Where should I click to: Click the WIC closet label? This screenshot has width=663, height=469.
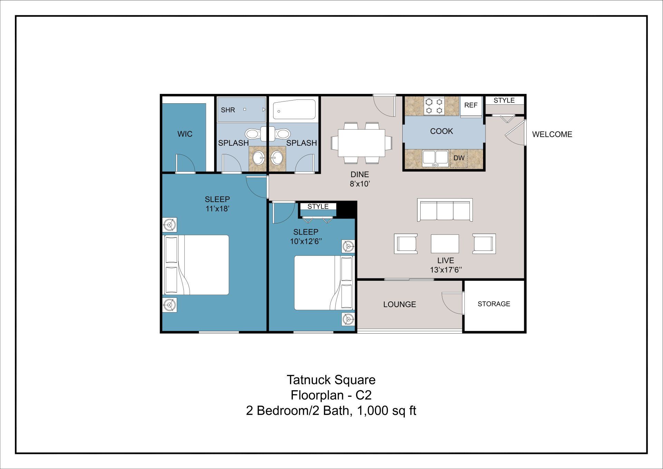pyautogui.click(x=185, y=134)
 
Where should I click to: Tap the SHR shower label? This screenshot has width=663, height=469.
pyautogui.click(x=228, y=110)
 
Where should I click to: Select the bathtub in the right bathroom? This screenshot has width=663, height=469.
pyautogui.click(x=294, y=109)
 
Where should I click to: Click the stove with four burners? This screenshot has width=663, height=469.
pyautogui.click(x=434, y=106)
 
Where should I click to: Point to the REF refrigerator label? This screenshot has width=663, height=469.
pyautogui.click(x=471, y=105)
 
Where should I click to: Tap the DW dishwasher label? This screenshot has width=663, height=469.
pyautogui.click(x=459, y=158)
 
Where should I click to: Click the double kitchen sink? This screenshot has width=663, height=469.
pyautogui.click(x=435, y=158)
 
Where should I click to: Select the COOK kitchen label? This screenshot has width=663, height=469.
pyautogui.click(x=441, y=131)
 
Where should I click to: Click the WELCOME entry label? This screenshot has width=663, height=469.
pyautogui.click(x=552, y=134)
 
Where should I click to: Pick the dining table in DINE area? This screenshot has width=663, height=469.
pyautogui.click(x=361, y=143)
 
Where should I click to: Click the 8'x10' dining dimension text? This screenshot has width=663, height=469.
pyautogui.click(x=360, y=184)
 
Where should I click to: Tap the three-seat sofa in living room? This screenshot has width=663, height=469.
pyautogui.click(x=445, y=210)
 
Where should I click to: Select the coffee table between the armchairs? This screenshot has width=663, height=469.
pyautogui.click(x=445, y=243)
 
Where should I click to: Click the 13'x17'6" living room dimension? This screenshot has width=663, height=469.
pyautogui.click(x=446, y=270)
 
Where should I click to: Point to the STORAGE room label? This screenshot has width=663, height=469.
pyautogui.click(x=494, y=304)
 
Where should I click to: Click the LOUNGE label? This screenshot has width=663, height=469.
pyautogui.click(x=400, y=304)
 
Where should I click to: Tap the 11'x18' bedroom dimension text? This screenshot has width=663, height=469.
pyautogui.click(x=217, y=209)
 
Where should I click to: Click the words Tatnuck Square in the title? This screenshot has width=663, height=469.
pyautogui.click(x=331, y=380)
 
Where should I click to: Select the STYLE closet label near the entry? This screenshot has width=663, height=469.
pyautogui.click(x=504, y=100)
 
